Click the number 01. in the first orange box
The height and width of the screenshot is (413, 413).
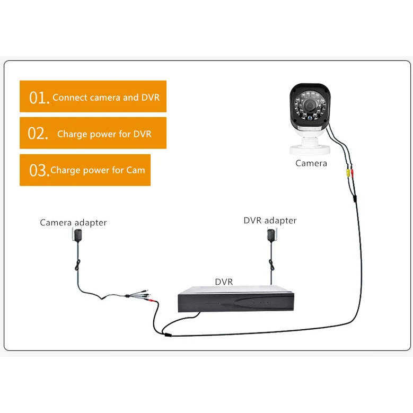pos(39,98)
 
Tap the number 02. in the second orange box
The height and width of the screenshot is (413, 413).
pos(39,134)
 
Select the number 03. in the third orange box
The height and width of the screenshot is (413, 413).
pos(39,171)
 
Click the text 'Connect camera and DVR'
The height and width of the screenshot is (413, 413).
pos(106,98)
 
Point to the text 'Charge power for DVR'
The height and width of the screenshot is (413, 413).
pos(104,134)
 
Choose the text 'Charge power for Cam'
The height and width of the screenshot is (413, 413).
pos(98,171)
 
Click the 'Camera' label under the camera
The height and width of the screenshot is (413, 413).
pos(311,163)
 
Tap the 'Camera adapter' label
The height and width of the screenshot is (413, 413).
pos(73,223)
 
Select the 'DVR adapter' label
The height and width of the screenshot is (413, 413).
pos(270,221)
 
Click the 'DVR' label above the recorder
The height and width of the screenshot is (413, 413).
pos(224,282)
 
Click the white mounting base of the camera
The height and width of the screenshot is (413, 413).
pos(308,143)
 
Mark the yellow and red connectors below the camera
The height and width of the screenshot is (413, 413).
pos(348,172)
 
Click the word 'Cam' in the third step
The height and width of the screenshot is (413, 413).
pos(136,171)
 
